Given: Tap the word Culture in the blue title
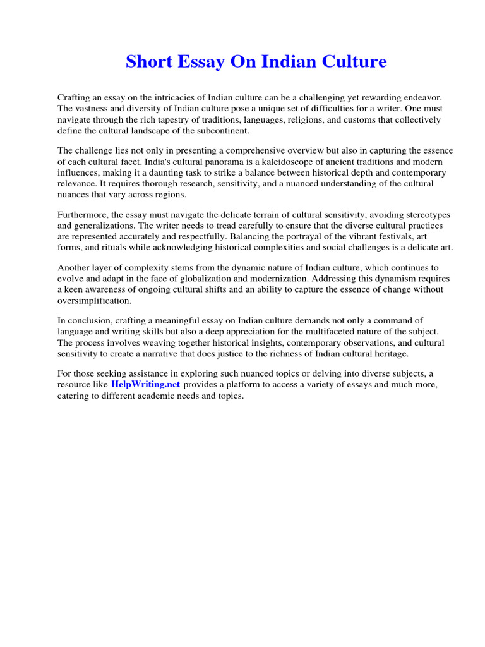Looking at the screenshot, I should pyautogui.click(x=355, y=62).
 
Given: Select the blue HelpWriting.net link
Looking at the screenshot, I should pyautogui.click(x=146, y=384).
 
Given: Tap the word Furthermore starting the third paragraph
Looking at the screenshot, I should pyautogui.click(x=83, y=215).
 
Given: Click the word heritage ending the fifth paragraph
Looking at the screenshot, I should pyautogui.click(x=392, y=353).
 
